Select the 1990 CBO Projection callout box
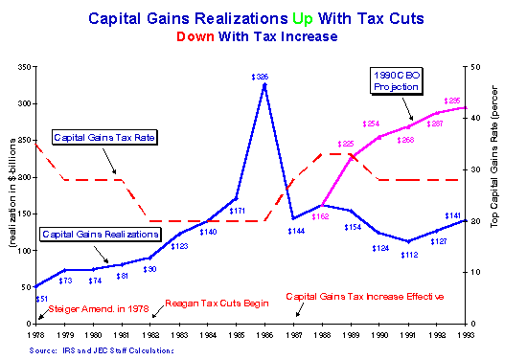tap(397, 79)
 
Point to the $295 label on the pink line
tap(450, 101)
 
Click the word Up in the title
tap(318, 18)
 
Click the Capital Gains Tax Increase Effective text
tap(365, 297)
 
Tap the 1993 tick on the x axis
tap(465, 333)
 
